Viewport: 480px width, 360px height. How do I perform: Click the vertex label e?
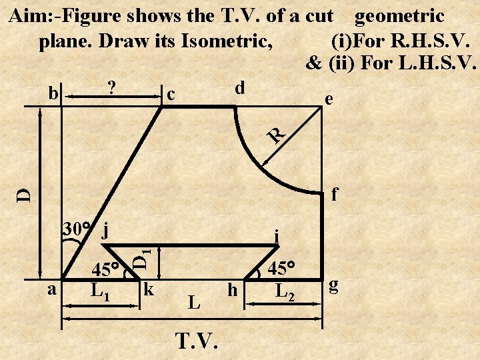coord(327,99)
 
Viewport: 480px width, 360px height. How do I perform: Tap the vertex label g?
coord(335,287)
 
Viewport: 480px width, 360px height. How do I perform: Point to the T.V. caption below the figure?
coord(196,341)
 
